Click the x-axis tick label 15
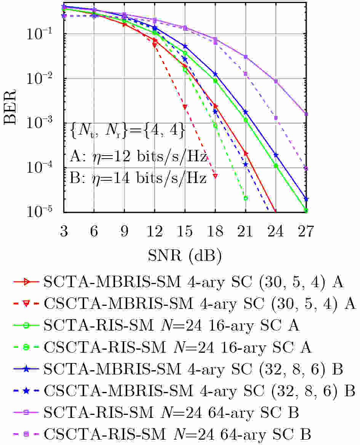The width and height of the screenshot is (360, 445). click(x=185, y=231)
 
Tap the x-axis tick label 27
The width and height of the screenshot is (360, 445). click(x=306, y=231)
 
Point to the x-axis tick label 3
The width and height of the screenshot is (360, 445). click(x=64, y=231)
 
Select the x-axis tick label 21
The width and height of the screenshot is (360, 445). click(x=245, y=231)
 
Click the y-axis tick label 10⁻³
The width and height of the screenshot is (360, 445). click(x=39, y=122)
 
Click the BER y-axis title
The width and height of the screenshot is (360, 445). click(x=10, y=107)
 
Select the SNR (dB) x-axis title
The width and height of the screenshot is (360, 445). click(x=185, y=256)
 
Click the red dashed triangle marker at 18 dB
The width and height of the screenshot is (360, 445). click(x=215, y=176)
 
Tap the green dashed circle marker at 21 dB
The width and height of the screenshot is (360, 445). click(x=245, y=198)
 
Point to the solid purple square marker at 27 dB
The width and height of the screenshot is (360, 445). click(x=306, y=114)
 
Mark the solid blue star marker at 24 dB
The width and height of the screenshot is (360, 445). click(x=276, y=155)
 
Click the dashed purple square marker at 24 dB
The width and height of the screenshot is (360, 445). click(x=276, y=118)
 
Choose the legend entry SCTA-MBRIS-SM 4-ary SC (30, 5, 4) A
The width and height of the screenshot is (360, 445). click(x=178, y=282)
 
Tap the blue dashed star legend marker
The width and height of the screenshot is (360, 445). click(x=26, y=391)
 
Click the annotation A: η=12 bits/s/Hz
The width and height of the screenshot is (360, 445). click(x=138, y=156)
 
